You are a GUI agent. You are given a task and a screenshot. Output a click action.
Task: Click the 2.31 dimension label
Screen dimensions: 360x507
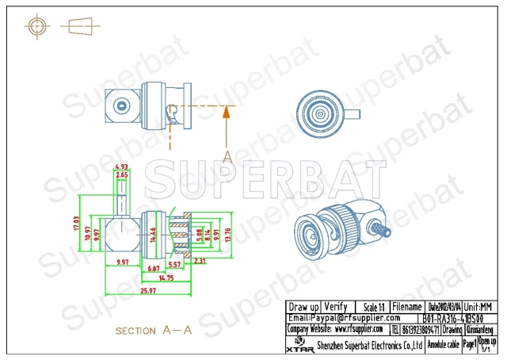[199, 261]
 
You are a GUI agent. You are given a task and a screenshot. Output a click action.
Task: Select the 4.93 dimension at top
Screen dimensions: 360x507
[122, 166]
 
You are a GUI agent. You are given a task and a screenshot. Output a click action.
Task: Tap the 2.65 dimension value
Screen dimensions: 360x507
[122, 174]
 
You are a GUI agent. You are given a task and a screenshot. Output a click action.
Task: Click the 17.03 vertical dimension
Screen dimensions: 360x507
[77, 225]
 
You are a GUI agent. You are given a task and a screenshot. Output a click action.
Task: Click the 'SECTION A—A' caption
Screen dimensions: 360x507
[154, 331]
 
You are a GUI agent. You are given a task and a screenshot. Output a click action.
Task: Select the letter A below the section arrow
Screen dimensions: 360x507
[227, 157]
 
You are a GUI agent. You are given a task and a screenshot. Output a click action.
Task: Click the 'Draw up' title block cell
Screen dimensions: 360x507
[303, 307]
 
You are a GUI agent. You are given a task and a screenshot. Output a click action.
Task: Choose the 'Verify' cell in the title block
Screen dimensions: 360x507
[337, 307]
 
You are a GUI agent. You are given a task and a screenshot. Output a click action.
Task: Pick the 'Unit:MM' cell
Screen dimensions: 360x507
[482, 307]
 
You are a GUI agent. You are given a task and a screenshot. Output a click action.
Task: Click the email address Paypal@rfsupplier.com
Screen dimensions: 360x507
[341, 318]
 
